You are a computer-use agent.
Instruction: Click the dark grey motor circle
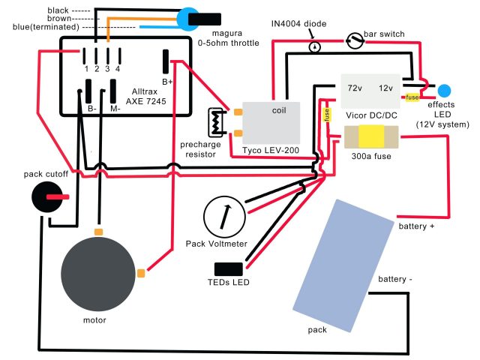click(98, 273)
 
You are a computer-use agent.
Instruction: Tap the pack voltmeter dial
click(224, 217)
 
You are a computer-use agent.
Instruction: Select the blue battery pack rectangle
click(343, 265)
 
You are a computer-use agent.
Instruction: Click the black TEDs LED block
click(228, 269)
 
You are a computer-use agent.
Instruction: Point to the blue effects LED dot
click(444, 91)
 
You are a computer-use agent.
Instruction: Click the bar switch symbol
click(355, 40)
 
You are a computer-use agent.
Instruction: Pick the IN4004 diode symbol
click(315, 46)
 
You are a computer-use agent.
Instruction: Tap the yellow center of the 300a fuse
click(371, 136)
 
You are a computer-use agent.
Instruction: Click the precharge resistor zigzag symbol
click(217, 122)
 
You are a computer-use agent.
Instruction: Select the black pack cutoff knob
click(46, 196)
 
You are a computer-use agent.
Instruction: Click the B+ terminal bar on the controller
click(166, 61)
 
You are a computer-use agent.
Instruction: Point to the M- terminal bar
click(113, 91)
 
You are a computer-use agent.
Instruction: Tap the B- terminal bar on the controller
click(88, 91)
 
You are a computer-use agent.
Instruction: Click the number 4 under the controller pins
click(118, 69)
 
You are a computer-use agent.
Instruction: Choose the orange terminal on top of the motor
click(98, 232)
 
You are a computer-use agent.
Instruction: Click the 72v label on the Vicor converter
click(355, 88)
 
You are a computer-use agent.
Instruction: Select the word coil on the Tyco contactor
click(279, 110)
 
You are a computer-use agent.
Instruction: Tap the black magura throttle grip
click(205, 19)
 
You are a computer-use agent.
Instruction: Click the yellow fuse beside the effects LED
click(412, 97)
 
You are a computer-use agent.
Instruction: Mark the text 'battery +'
click(416, 226)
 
